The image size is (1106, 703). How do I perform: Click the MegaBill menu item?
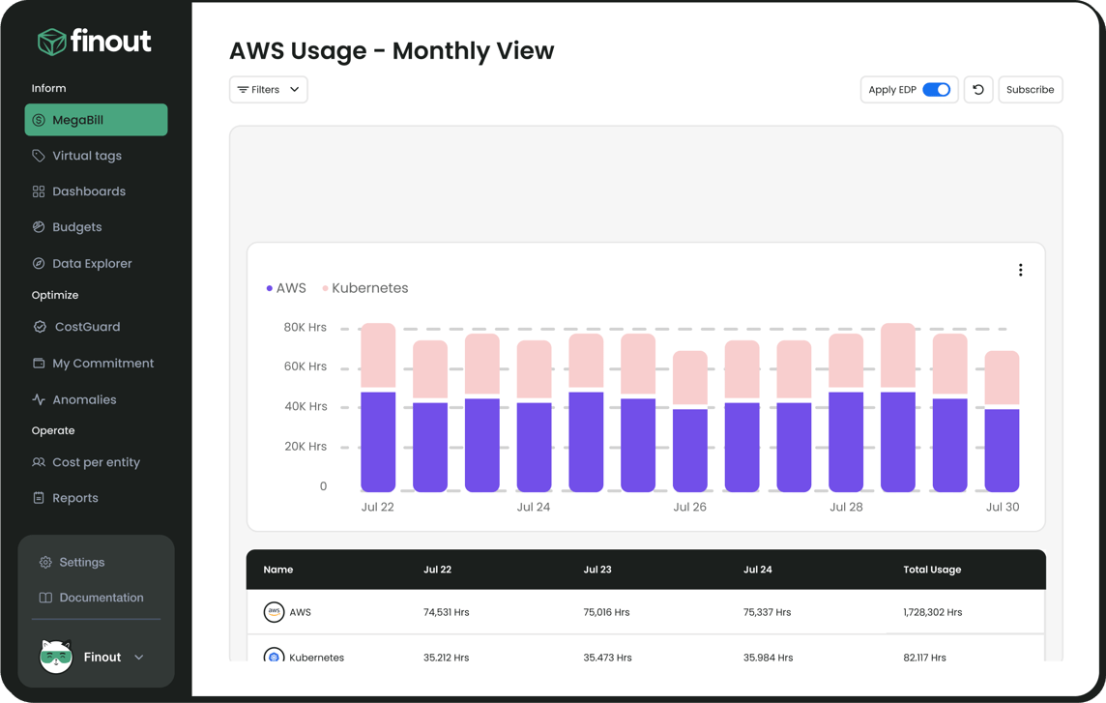point(96,120)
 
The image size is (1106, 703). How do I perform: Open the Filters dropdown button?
point(268,90)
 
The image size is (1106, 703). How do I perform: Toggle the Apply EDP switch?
point(936,90)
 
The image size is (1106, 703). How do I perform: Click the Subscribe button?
point(1030,90)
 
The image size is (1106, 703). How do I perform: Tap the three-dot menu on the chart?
point(1020,271)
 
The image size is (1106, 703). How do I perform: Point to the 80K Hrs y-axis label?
point(305,328)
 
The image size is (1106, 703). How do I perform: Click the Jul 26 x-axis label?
point(689,507)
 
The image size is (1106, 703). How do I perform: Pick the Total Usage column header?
point(932,570)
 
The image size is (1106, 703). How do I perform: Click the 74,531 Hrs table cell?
point(446,612)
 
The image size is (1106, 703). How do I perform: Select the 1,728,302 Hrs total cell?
point(932,612)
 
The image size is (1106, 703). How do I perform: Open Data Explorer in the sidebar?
point(92,263)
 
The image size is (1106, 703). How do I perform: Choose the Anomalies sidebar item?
point(84,399)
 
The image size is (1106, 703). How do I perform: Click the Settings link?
point(81,562)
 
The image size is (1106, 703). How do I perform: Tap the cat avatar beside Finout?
point(56,657)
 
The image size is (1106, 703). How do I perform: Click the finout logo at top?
point(95,42)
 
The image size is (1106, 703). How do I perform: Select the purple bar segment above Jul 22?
point(378,441)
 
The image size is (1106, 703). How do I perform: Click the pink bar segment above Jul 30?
point(1002,377)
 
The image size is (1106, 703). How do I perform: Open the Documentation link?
point(101,598)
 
